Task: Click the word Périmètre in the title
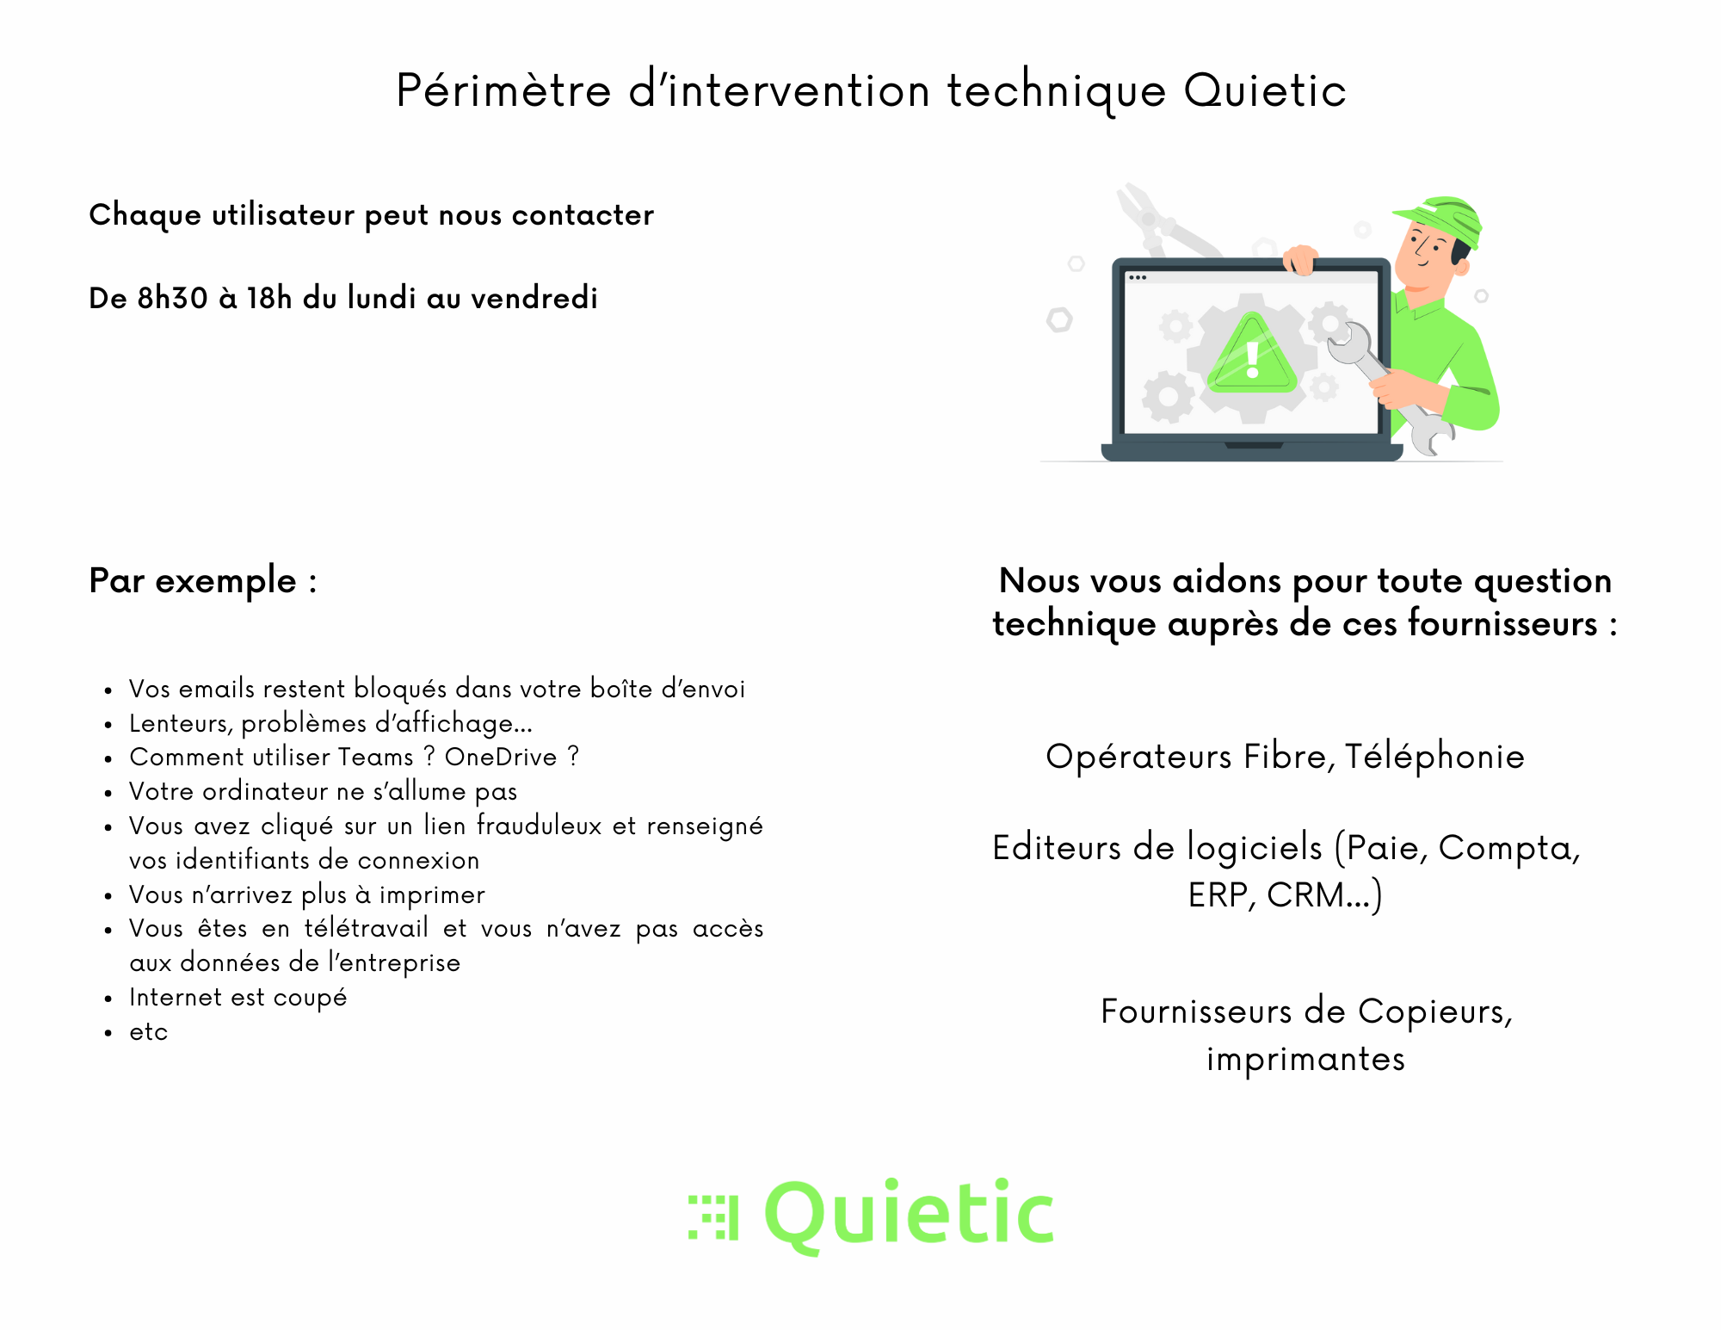503,90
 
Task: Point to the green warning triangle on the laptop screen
1252,354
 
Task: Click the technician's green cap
1441,219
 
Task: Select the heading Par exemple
203,582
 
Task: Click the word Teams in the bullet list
376,757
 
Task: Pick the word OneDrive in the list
501,757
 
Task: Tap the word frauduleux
540,826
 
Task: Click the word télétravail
367,928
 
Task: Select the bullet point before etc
108,1033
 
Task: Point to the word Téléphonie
1434,758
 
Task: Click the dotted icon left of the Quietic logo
713,1217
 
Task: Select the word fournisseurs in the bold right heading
1502,623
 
